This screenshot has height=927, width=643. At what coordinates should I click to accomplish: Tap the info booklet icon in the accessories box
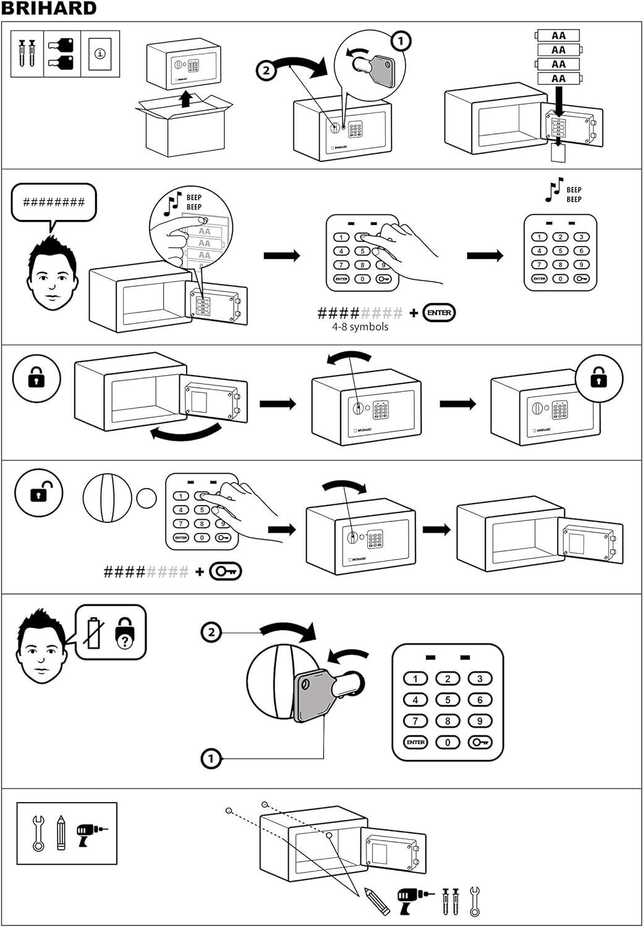[100, 54]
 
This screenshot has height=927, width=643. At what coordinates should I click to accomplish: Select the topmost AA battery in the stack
[558, 36]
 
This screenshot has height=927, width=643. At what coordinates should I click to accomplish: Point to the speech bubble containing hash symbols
[54, 202]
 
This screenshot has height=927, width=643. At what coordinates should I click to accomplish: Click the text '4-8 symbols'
[360, 327]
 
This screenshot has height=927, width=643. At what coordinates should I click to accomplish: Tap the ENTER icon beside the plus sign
[439, 313]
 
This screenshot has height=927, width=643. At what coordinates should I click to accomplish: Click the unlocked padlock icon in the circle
[38, 493]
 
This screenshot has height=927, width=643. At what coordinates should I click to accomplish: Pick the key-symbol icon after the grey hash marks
[226, 572]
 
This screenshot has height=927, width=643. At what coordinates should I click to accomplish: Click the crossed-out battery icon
[93, 632]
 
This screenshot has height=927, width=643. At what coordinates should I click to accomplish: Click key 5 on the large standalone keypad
[448, 700]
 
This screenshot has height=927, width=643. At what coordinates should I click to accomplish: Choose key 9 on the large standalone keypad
[480, 721]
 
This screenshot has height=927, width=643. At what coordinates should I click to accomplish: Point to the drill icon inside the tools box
[90, 834]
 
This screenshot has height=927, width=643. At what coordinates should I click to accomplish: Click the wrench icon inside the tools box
[38, 834]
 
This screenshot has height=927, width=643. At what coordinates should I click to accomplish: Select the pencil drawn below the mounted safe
[377, 902]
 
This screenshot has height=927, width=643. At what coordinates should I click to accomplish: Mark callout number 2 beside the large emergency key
[211, 632]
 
